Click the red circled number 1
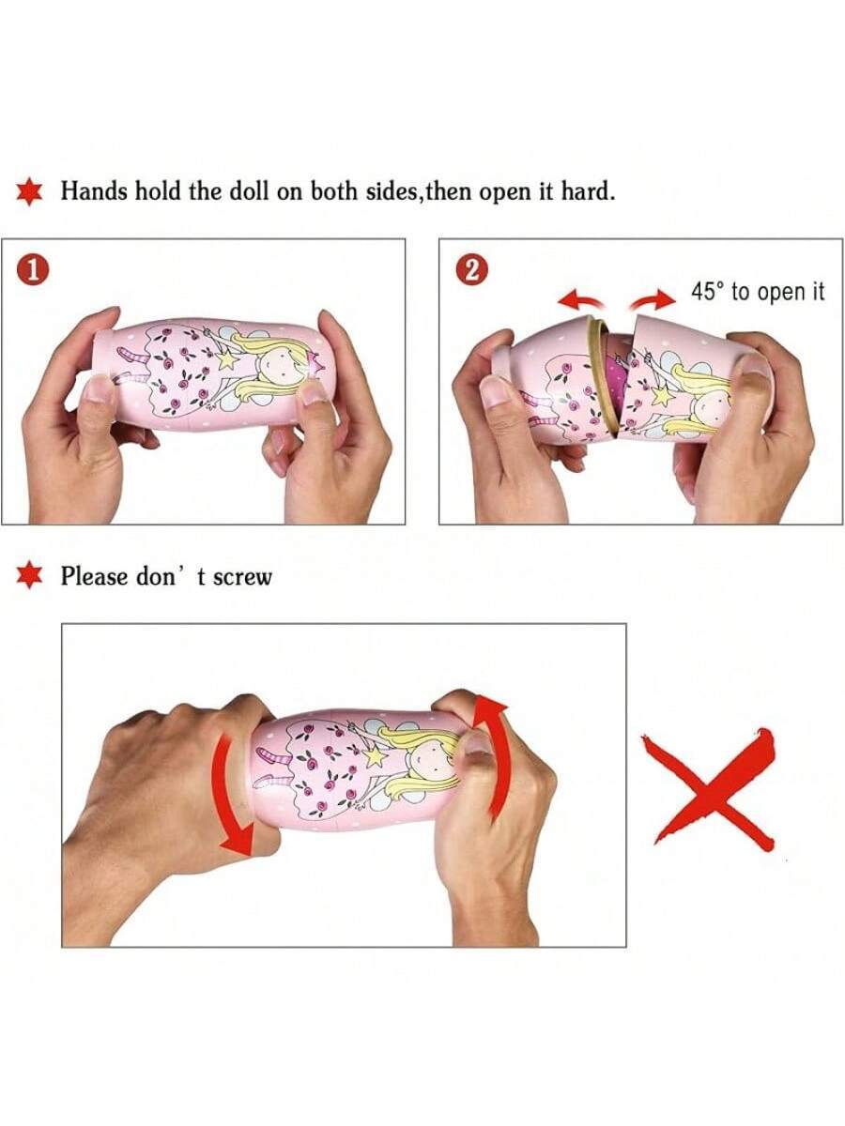[x=34, y=270]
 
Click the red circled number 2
[x=471, y=269]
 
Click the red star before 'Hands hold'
[x=29, y=191]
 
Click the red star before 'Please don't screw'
[x=29, y=575]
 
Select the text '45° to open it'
[x=758, y=292]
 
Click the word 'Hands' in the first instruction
[x=93, y=191]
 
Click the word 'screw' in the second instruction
[x=241, y=576]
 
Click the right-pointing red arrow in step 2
[x=653, y=300]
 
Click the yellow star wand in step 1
[x=229, y=358]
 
